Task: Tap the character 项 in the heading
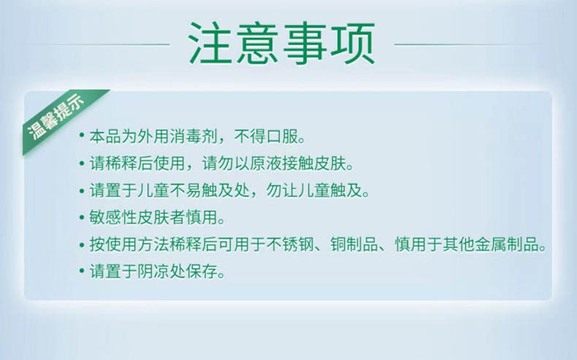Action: pos(353,43)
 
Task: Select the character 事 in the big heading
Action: pos(305,43)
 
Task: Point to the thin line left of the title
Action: pos(99,45)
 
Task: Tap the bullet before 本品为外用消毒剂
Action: pos(82,135)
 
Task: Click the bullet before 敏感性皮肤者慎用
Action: pos(82,217)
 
